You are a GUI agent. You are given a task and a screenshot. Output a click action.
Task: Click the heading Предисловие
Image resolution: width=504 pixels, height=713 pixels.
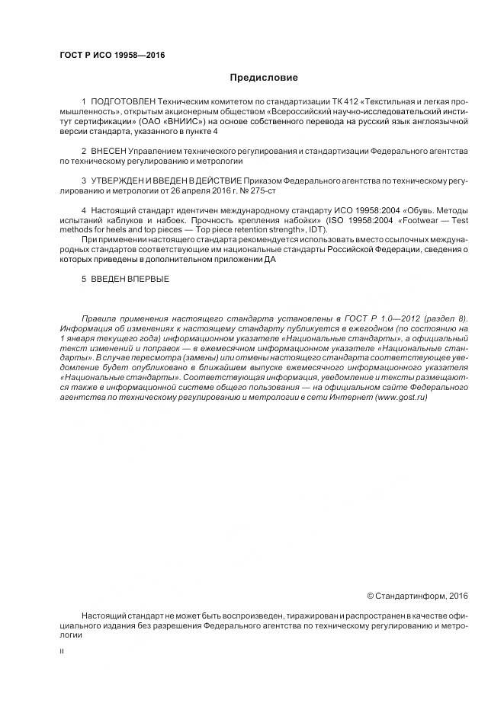(x=264, y=78)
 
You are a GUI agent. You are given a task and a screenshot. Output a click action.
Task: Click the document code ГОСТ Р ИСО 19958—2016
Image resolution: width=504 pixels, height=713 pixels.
(x=112, y=56)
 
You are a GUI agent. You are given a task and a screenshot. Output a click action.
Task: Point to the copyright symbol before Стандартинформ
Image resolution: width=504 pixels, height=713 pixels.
(x=371, y=596)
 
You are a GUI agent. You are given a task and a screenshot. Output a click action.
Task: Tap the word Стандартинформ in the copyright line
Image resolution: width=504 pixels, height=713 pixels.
(x=410, y=596)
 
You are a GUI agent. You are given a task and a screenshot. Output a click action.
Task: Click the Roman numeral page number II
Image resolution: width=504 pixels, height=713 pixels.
(x=62, y=652)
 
